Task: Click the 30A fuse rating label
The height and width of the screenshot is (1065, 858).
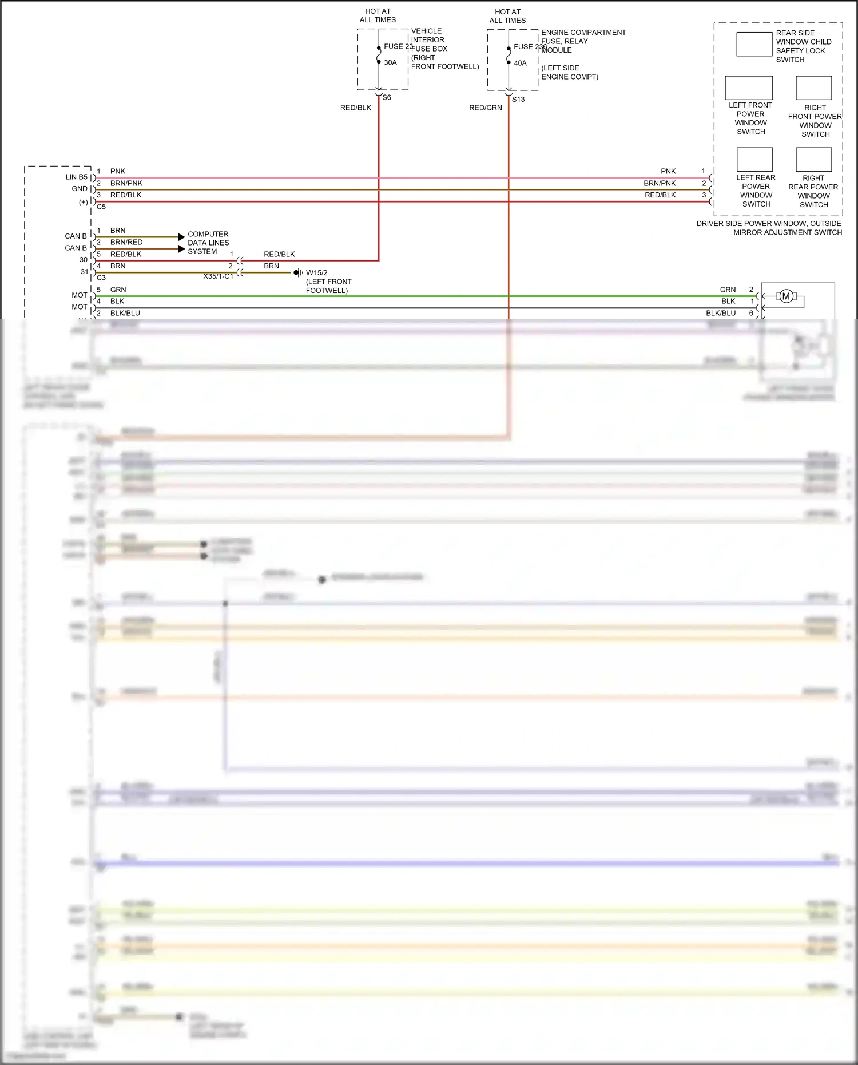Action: (390, 63)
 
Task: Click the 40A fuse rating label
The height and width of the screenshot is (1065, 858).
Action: (520, 64)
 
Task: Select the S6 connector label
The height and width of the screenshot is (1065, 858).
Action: (387, 98)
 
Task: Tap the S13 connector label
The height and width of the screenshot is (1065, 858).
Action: (518, 100)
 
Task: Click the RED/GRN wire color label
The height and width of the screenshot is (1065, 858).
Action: (485, 108)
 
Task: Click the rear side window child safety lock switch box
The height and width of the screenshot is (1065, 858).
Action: (754, 44)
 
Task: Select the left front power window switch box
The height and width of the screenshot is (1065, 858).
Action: (748, 88)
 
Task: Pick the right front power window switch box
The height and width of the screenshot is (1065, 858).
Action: (813, 88)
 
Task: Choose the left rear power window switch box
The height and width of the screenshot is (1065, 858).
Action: (754, 159)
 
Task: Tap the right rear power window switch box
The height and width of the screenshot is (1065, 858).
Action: (813, 159)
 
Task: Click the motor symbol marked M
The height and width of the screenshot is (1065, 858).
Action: (786, 296)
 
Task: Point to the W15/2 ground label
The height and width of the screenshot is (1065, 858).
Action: (316, 273)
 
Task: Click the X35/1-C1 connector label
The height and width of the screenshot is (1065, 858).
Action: (218, 276)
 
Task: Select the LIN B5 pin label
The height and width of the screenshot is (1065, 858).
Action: (77, 177)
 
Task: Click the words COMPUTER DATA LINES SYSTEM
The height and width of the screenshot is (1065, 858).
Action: (208, 243)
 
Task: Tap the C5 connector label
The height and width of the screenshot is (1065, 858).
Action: (101, 207)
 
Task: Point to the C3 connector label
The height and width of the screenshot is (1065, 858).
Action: (101, 278)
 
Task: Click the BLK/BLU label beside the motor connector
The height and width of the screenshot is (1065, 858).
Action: (721, 314)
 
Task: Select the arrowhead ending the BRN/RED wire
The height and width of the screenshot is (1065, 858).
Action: (181, 249)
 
